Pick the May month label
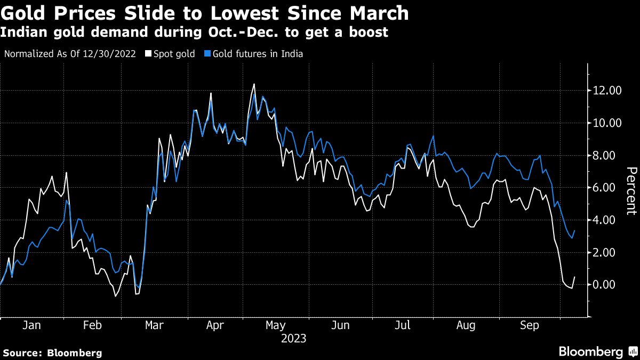[x=276, y=325]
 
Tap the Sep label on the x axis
[x=529, y=325]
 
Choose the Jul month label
[x=403, y=325]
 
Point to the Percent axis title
[x=631, y=190]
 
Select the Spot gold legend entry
[x=174, y=54]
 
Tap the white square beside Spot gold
[x=148, y=54]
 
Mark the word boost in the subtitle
[x=369, y=33]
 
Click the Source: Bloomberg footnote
[x=52, y=353]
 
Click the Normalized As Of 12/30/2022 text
[x=69, y=54]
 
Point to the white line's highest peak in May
[x=254, y=84]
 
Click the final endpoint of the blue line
[x=574, y=231]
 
